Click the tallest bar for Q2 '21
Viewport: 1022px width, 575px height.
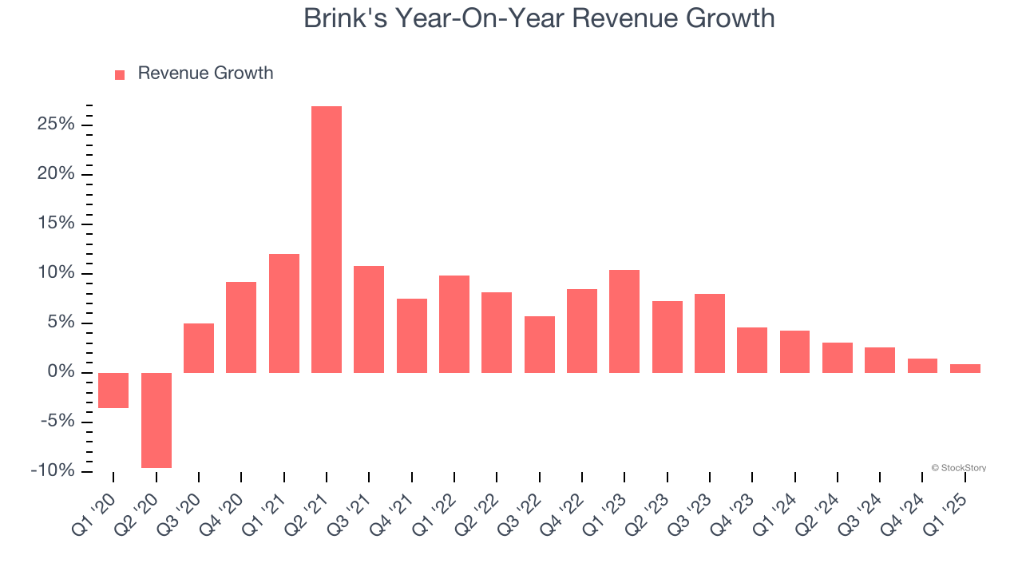click(x=327, y=240)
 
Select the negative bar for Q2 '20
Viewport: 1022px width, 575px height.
click(x=156, y=420)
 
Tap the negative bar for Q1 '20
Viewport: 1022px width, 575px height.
click(x=113, y=391)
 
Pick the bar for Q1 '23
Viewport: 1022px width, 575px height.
click(x=624, y=321)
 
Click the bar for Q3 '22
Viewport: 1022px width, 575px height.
click(x=540, y=344)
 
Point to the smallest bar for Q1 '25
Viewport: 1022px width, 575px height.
click(x=965, y=368)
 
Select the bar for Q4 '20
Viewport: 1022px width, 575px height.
click(x=241, y=327)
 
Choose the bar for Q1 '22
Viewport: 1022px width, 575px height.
click(x=454, y=324)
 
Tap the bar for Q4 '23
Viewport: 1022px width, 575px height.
click(x=752, y=350)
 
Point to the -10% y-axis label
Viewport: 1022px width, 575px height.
click(x=53, y=471)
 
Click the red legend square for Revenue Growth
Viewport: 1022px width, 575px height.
click(x=120, y=74)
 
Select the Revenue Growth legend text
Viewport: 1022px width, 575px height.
click(x=205, y=73)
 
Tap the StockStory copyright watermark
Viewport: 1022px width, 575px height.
click(x=958, y=468)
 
